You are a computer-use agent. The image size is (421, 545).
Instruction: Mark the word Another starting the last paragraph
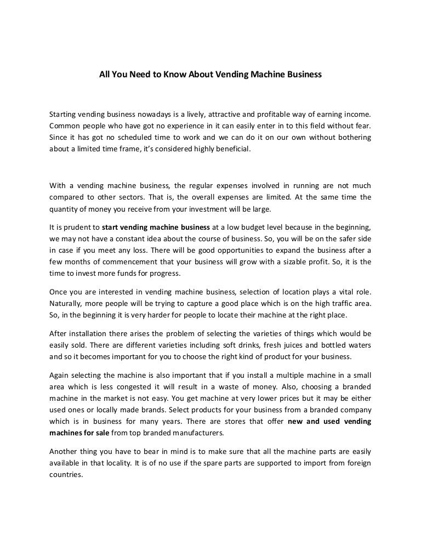pyautogui.click(x=64, y=451)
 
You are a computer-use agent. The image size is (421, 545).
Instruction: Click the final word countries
pyautogui.click(x=66, y=474)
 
